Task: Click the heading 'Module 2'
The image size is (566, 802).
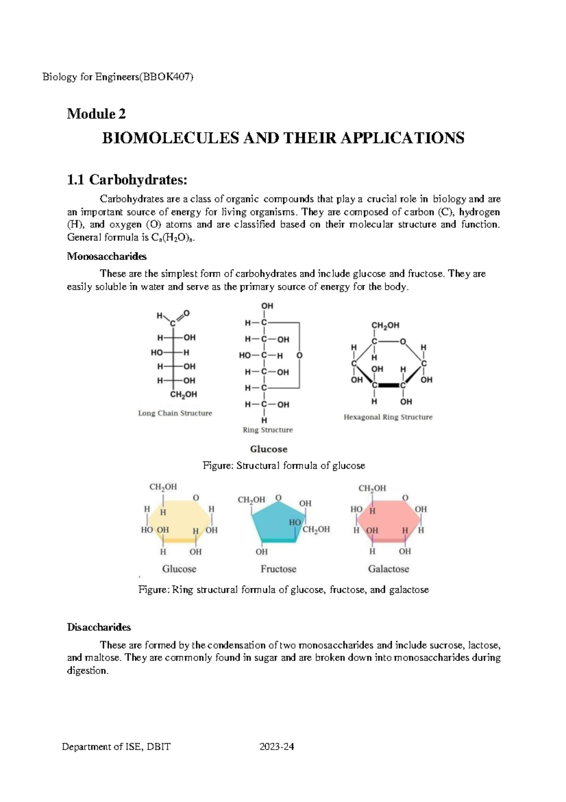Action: point(96,114)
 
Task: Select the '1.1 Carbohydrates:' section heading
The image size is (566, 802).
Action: point(127,180)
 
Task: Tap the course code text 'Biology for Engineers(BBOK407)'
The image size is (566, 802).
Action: point(118,77)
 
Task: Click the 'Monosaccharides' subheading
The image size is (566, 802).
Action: point(107,256)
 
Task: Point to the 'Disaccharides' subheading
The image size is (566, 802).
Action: point(99,627)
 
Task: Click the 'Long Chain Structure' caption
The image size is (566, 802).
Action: point(175,413)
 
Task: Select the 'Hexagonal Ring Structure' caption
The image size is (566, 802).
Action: point(388,417)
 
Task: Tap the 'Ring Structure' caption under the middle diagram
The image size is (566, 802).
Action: point(267,430)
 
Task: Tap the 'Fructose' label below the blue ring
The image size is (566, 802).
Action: point(278,569)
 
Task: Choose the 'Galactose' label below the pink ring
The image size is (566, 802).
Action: point(388,569)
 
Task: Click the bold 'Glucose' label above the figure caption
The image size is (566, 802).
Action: point(268,449)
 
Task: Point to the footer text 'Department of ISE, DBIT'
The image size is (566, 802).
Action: point(117,747)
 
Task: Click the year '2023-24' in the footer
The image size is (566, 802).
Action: point(277,747)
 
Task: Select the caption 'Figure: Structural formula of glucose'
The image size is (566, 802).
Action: point(283,466)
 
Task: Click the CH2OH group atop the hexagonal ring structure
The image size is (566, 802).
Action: point(385,325)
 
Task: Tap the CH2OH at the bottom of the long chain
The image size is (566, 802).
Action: point(183,394)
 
